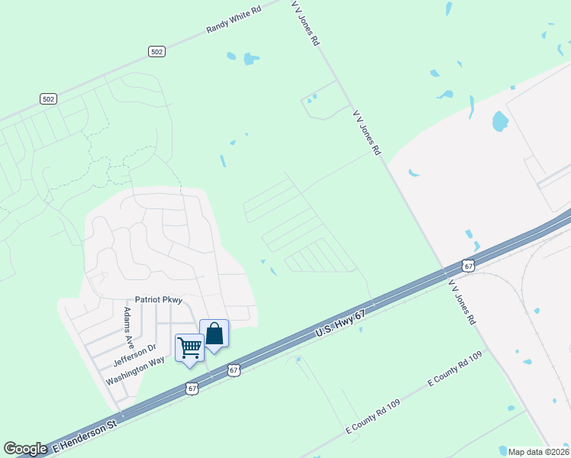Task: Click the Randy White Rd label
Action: pyautogui.click(x=234, y=20)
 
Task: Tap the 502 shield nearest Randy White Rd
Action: pyautogui.click(x=156, y=51)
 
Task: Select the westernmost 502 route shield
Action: pyautogui.click(x=49, y=99)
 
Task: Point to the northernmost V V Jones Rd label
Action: pyautogui.click(x=305, y=23)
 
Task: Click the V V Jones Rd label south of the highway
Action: pyautogui.click(x=462, y=302)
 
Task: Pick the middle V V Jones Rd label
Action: pyautogui.click(x=366, y=132)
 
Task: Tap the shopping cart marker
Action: pyautogui.click(x=189, y=348)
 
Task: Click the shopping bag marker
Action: pyautogui.click(x=215, y=334)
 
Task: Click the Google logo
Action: pyautogui.click(x=25, y=449)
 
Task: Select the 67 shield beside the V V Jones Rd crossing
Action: pyautogui.click(x=469, y=265)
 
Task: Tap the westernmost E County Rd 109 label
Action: pyautogui.click(x=373, y=418)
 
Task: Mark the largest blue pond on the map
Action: pyautogui.click(x=500, y=121)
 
